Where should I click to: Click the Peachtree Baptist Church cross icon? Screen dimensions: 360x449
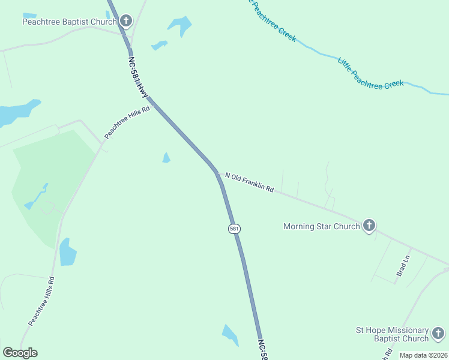click(125, 22)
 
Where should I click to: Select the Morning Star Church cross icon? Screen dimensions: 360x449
click(369, 226)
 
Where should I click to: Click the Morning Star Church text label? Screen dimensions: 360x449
click(321, 226)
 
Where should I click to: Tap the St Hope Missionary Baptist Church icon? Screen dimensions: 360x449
click(439, 334)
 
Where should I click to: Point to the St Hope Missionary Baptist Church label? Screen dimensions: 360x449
click(393, 335)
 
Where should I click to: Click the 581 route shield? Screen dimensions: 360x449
click(234, 229)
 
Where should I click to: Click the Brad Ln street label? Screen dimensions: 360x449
click(402, 265)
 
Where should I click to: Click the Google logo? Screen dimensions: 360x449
click(20, 353)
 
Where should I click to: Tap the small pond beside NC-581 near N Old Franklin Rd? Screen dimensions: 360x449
click(166, 158)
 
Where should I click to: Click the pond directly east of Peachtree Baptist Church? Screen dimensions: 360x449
click(180, 25)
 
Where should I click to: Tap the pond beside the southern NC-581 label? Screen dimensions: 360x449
click(230, 334)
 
